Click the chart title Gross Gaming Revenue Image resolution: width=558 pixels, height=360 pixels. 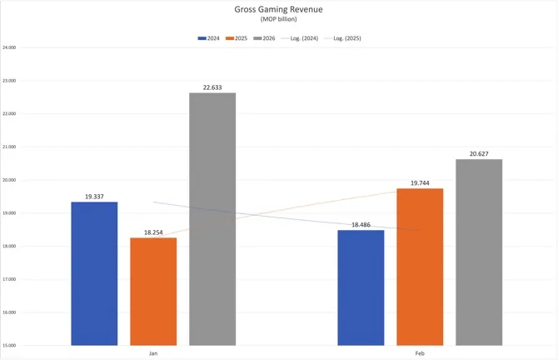coord(279,11)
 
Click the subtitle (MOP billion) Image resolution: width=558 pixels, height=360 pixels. coord(279,20)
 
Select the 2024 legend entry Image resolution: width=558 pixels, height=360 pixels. coord(209,38)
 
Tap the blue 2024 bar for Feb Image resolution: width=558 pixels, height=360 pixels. coord(361,287)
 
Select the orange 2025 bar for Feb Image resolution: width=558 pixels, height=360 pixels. coord(420,267)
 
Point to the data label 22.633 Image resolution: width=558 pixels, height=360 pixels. coord(212,87)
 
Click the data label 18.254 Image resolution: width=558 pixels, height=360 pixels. coord(153,232)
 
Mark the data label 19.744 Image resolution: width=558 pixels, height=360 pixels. coord(420,182)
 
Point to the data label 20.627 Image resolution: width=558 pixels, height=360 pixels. coord(479,153)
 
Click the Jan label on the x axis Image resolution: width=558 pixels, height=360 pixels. coord(153,353)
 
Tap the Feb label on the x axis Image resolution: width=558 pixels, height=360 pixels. coord(420,353)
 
